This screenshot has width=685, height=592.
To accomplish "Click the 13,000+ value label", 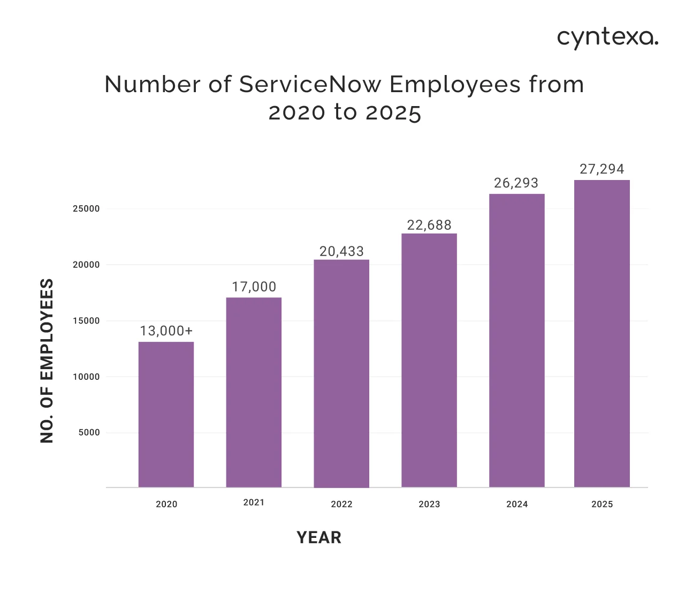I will [166, 331].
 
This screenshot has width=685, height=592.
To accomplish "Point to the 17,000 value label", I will [254, 287].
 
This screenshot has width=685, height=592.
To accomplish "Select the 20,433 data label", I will [341, 251].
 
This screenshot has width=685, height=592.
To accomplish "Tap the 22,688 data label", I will [429, 225].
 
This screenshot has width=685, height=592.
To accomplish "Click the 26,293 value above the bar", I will [516, 183].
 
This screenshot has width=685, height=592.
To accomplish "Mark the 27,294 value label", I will [602, 169].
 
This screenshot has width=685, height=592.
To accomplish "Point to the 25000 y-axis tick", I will [86, 209].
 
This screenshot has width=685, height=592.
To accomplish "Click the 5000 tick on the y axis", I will [89, 432].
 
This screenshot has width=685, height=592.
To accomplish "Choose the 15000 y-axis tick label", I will [86, 321].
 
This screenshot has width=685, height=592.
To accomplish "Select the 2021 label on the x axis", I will [254, 503].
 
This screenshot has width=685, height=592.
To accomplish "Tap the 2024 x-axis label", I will [517, 504].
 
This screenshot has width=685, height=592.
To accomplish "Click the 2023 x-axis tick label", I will [429, 504].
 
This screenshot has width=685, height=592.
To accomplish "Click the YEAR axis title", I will [319, 537].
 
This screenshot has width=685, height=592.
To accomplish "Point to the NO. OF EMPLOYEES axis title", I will [47, 361].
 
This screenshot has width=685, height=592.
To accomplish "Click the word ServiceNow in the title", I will [310, 85].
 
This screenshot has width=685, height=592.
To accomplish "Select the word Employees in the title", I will [455, 85].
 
